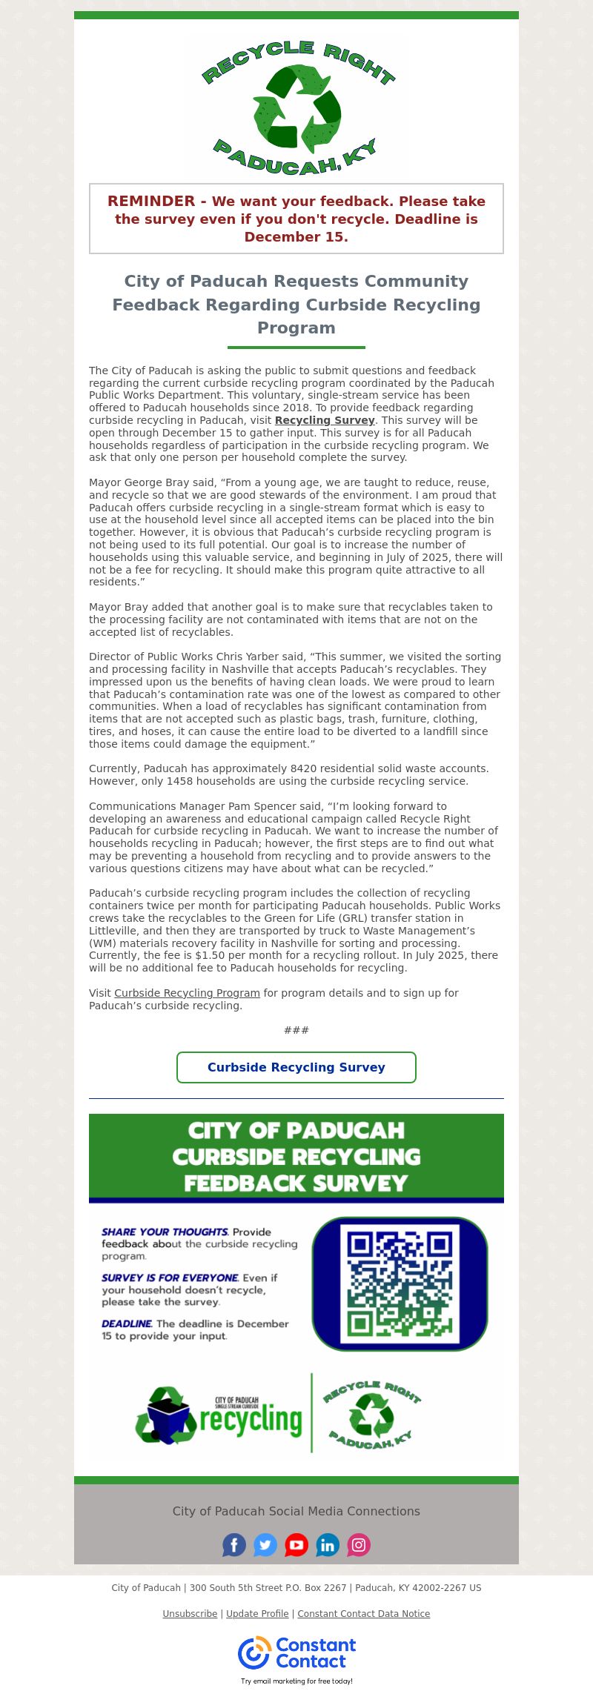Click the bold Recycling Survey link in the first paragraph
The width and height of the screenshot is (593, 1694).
pyautogui.click(x=325, y=420)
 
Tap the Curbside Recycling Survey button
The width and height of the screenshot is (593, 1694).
pyautogui.click(x=296, y=1067)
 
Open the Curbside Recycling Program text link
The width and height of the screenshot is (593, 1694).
pyautogui.click(x=187, y=993)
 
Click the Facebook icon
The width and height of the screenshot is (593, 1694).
pyautogui.click(x=234, y=1544)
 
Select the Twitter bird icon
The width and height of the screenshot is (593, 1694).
pyautogui.click(x=265, y=1544)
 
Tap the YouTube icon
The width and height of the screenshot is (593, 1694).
pyautogui.click(x=296, y=1544)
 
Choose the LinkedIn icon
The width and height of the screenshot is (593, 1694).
pyautogui.click(x=328, y=1544)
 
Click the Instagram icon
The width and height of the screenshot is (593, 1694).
pyautogui.click(x=359, y=1544)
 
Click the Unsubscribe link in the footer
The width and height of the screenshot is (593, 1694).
pyautogui.click(x=190, y=1613)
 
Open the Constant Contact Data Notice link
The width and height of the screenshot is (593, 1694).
pyautogui.click(x=363, y=1613)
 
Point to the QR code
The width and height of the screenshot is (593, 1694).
pyautogui.click(x=400, y=1283)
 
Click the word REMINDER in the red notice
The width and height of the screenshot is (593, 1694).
pyautogui.click(x=151, y=201)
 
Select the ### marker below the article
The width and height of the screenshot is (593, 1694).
pyautogui.click(x=296, y=1030)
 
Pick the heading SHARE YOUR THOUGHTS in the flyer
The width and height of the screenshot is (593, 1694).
pyautogui.click(x=165, y=1232)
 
